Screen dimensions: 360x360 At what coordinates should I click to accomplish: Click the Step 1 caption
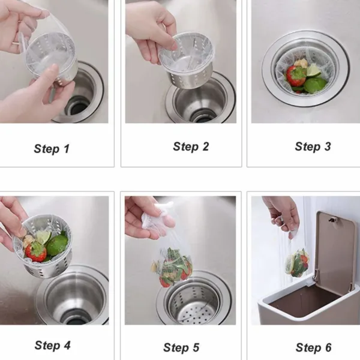52,149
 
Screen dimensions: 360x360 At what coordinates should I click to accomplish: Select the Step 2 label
191,146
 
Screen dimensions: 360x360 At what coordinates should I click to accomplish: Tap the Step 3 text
313,146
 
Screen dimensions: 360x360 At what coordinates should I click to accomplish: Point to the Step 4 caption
52,345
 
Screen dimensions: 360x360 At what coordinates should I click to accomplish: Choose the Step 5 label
181,347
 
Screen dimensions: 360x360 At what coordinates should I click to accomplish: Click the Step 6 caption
313,347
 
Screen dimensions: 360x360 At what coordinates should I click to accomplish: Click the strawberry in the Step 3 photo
295,76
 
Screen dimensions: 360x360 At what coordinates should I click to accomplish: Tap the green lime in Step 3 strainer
315,84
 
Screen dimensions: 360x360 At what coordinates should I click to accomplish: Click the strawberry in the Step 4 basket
36,251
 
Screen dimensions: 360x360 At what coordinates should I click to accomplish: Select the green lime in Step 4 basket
58,245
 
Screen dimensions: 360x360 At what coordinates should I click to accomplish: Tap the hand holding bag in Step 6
282,214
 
